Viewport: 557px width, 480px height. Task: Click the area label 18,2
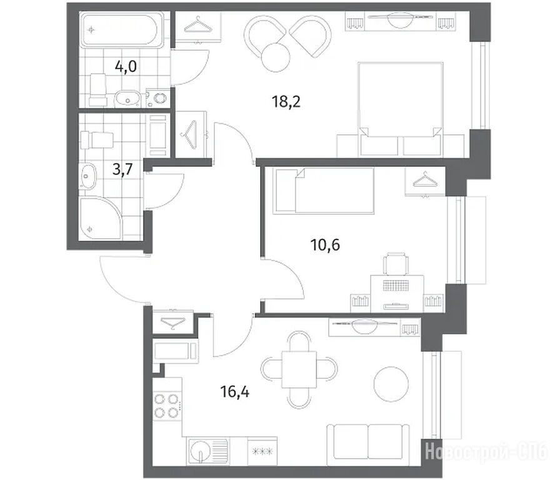tap(286, 102)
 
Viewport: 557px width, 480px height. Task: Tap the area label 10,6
tap(325, 245)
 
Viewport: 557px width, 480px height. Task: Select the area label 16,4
tap(235, 392)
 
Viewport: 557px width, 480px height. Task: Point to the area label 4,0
tap(126, 66)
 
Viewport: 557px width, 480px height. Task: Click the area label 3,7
tap(122, 169)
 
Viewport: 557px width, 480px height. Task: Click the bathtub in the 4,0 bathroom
tap(121, 30)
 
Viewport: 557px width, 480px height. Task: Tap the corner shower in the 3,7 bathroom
tap(100, 218)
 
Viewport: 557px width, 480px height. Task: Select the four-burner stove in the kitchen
tap(167, 406)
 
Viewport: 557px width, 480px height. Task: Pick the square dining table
tap(299, 369)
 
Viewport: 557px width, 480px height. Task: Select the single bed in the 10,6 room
tap(323, 191)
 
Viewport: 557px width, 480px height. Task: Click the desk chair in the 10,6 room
tap(396, 263)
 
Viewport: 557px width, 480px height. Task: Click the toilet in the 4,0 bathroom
tap(98, 89)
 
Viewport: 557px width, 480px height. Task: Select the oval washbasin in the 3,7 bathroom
tap(88, 176)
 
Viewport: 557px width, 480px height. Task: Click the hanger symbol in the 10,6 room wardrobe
tap(425, 179)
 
